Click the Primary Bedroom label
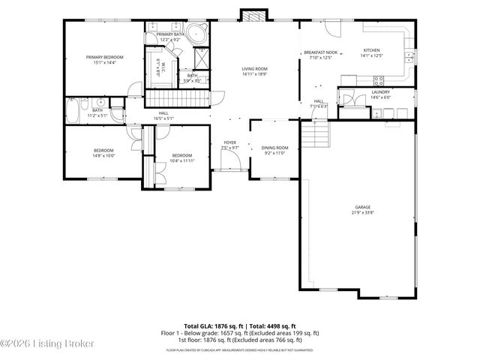104,57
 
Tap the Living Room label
255,68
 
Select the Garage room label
363,207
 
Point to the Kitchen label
373,49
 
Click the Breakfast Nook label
320,52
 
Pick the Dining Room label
274,148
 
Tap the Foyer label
230,142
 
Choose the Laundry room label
380,92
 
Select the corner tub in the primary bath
196,34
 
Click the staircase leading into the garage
315,136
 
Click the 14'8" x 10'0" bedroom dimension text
103,156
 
